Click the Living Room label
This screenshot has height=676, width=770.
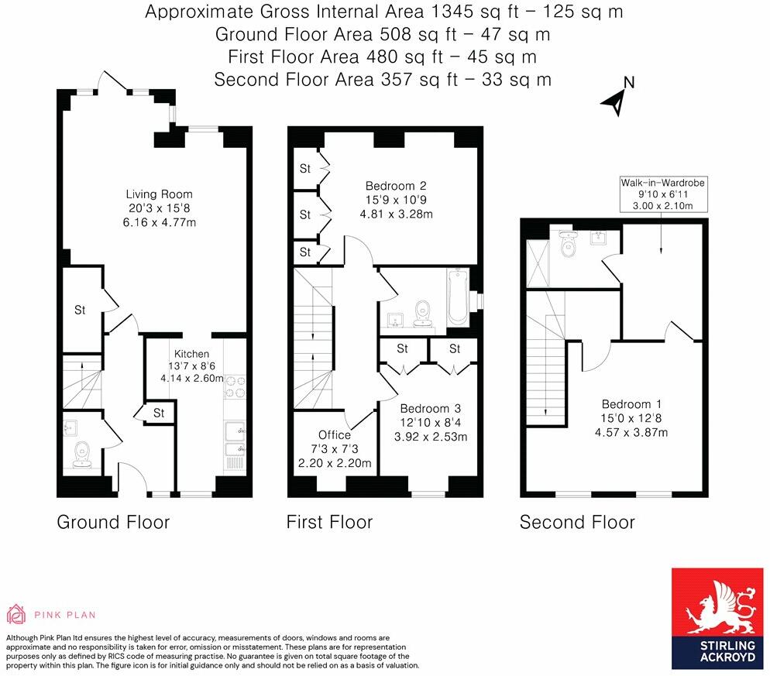click(160, 194)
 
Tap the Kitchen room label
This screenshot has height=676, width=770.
click(191, 354)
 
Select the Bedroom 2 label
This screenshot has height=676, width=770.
click(396, 186)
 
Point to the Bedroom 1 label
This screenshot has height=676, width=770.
click(632, 403)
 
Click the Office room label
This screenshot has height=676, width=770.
click(335, 435)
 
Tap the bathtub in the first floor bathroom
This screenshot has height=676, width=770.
click(457, 298)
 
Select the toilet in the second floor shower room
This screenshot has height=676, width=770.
click(569, 246)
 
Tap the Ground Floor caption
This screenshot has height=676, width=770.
click(113, 522)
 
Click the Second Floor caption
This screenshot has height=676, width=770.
click(577, 522)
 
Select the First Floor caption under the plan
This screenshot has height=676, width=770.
click(329, 522)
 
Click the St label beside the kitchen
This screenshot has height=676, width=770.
click(159, 413)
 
